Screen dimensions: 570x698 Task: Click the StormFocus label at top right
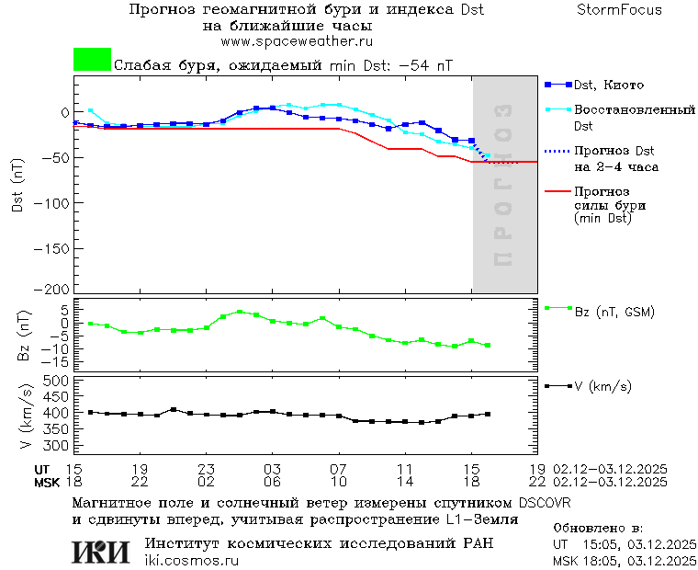(619, 10)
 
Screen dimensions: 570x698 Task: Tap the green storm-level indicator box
(92, 60)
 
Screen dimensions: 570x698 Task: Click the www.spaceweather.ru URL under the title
(297, 41)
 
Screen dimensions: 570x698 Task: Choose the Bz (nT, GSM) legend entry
(614, 312)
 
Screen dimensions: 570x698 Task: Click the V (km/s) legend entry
(602, 386)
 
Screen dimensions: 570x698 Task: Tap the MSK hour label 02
(206, 481)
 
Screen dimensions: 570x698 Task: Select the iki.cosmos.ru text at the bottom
(192, 561)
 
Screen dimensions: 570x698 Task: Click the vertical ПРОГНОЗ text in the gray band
(502, 184)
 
